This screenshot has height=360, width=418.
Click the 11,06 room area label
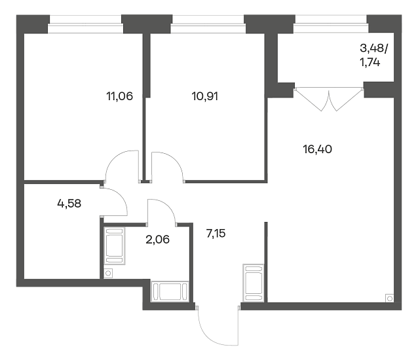tap(119, 96)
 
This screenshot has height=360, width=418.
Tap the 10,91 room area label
tap(204, 96)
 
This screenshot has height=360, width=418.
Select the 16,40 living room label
tap(317, 149)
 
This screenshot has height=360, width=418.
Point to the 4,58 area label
tap(69, 204)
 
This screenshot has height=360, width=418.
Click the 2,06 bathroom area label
tap(157, 240)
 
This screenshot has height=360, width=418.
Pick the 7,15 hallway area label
tap(216, 234)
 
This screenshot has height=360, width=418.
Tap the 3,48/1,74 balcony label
tap(374, 56)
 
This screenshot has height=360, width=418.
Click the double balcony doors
tap(329, 99)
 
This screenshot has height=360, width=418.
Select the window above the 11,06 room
tap(86, 24)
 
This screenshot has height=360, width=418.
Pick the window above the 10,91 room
tap(208, 24)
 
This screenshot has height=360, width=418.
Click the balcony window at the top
tap(331, 24)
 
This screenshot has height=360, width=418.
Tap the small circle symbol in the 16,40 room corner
tap(389, 298)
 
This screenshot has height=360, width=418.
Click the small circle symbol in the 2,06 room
tap(108, 274)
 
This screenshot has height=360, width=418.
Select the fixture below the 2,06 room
tap(170, 291)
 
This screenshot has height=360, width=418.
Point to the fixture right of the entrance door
tap(254, 283)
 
